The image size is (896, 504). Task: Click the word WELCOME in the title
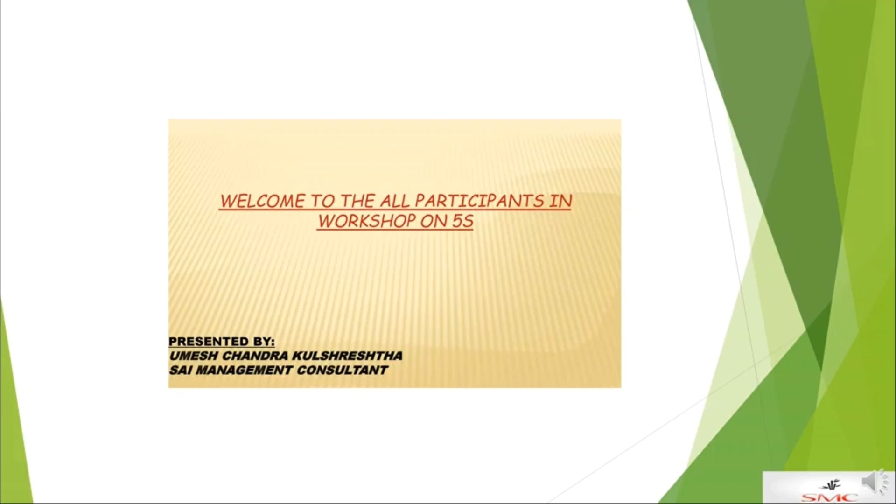click(x=262, y=201)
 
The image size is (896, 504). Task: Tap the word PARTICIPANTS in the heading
click(x=479, y=201)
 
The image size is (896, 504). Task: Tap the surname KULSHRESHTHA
click(x=348, y=356)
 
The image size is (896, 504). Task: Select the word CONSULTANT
click(x=342, y=370)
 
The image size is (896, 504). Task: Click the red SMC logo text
click(x=829, y=497)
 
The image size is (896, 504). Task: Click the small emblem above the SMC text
click(x=832, y=484)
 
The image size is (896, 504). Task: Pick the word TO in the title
click(x=322, y=201)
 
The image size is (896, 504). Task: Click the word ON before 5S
click(x=434, y=221)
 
